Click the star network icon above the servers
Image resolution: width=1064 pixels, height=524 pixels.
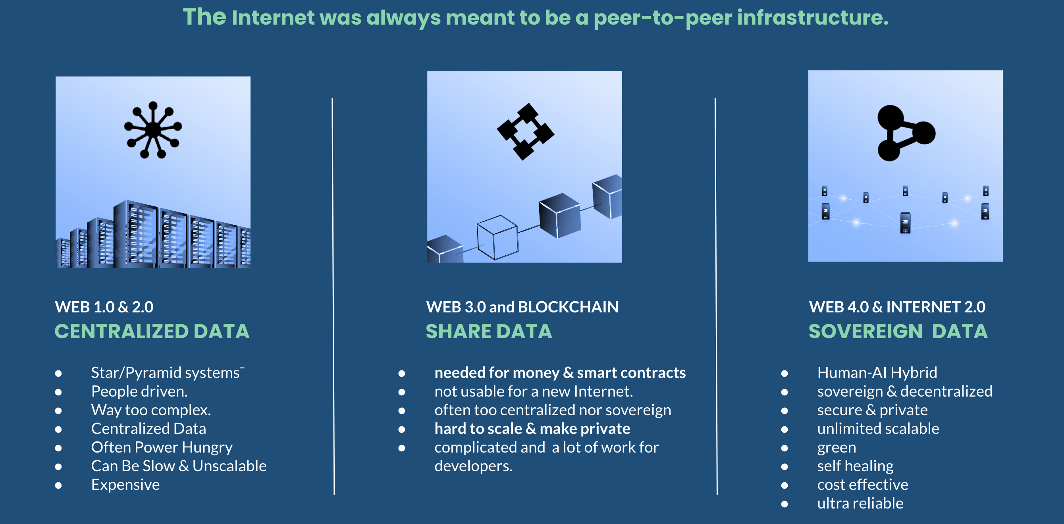click(x=153, y=130)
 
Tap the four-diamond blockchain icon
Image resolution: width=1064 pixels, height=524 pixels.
click(x=525, y=131)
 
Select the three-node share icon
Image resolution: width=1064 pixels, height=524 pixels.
click(x=906, y=133)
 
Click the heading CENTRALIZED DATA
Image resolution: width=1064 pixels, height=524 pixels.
click(x=152, y=331)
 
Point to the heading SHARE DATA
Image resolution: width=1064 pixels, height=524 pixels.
click(x=489, y=331)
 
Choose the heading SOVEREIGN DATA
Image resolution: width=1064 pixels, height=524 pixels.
click(x=898, y=331)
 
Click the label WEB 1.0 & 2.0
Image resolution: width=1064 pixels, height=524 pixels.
click(x=104, y=307)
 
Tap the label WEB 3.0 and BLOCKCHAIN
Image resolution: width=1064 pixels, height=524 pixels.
click(x=522, y=307)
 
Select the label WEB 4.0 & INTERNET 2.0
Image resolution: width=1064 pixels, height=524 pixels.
click(x=897, y=307)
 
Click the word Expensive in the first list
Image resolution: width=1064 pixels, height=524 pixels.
click(x=125, y=485)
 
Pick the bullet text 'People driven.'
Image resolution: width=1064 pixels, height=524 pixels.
click(x=139, y=391)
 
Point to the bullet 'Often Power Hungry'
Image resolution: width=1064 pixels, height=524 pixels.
click(x=162, y=448)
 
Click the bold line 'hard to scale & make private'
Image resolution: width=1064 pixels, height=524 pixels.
click(x=532, y=429)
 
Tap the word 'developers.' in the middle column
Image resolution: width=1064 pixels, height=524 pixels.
click(x=473, y=466)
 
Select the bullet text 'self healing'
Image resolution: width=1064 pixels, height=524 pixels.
click(x=856, y=466)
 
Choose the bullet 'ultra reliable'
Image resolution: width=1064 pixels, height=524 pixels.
click(x=860, y=503)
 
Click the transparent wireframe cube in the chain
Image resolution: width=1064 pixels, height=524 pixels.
click(x=497, y=237)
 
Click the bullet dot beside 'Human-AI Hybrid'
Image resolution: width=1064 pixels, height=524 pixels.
click(x=785, y=373)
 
